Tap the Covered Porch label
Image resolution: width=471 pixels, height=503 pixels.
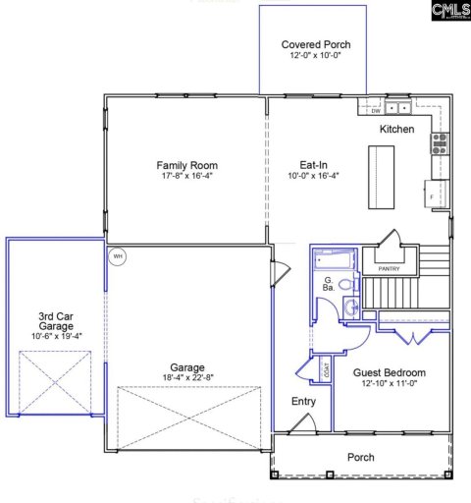tap(315, 45)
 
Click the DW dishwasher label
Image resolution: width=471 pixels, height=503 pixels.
tap(375, 110)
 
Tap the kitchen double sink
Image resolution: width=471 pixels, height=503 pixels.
tap(397, 108)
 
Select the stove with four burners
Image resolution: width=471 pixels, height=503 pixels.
tap(440, 145)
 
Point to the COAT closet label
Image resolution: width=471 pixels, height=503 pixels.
tap(324, 370)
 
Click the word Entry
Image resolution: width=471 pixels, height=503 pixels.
tap(304, 402)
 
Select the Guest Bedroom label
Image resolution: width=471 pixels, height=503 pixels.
tap(390, 373)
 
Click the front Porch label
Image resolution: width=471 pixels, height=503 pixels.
tap(361, 457)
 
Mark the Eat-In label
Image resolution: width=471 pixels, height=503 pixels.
tap(313, 165)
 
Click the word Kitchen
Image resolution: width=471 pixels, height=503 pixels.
tap(396, 130)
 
